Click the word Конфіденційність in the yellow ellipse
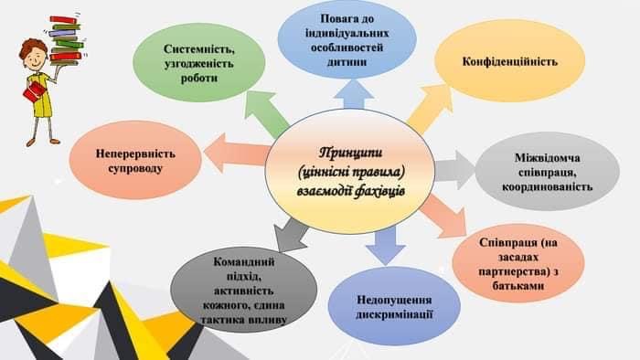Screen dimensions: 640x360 click(x=510, y=62)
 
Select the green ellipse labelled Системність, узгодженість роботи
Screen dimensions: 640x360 click(x=198, y=63)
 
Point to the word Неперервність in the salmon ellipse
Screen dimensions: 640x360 click(x=135, y=154)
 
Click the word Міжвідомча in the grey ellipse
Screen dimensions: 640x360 click(x=548, y=158)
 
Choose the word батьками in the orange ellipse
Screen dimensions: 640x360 click(x=518, y=285)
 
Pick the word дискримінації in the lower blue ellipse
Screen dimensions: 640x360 click(x=394, y=314)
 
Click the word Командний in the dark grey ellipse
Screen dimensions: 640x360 click(x=244, y=261)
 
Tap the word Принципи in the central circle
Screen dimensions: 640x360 click(x=350, y=154)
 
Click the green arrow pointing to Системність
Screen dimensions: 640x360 click(x=266, y=113)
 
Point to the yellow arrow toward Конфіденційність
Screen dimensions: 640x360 click(x=431, y=107)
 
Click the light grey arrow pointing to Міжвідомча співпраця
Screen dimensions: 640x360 click(x=454, y=170)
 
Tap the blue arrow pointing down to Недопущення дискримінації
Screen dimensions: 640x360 click(x=385, y=246)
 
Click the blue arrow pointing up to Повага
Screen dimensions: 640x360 click(x=354, y=94)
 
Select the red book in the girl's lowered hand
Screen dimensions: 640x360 click(x=34, y=91)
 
